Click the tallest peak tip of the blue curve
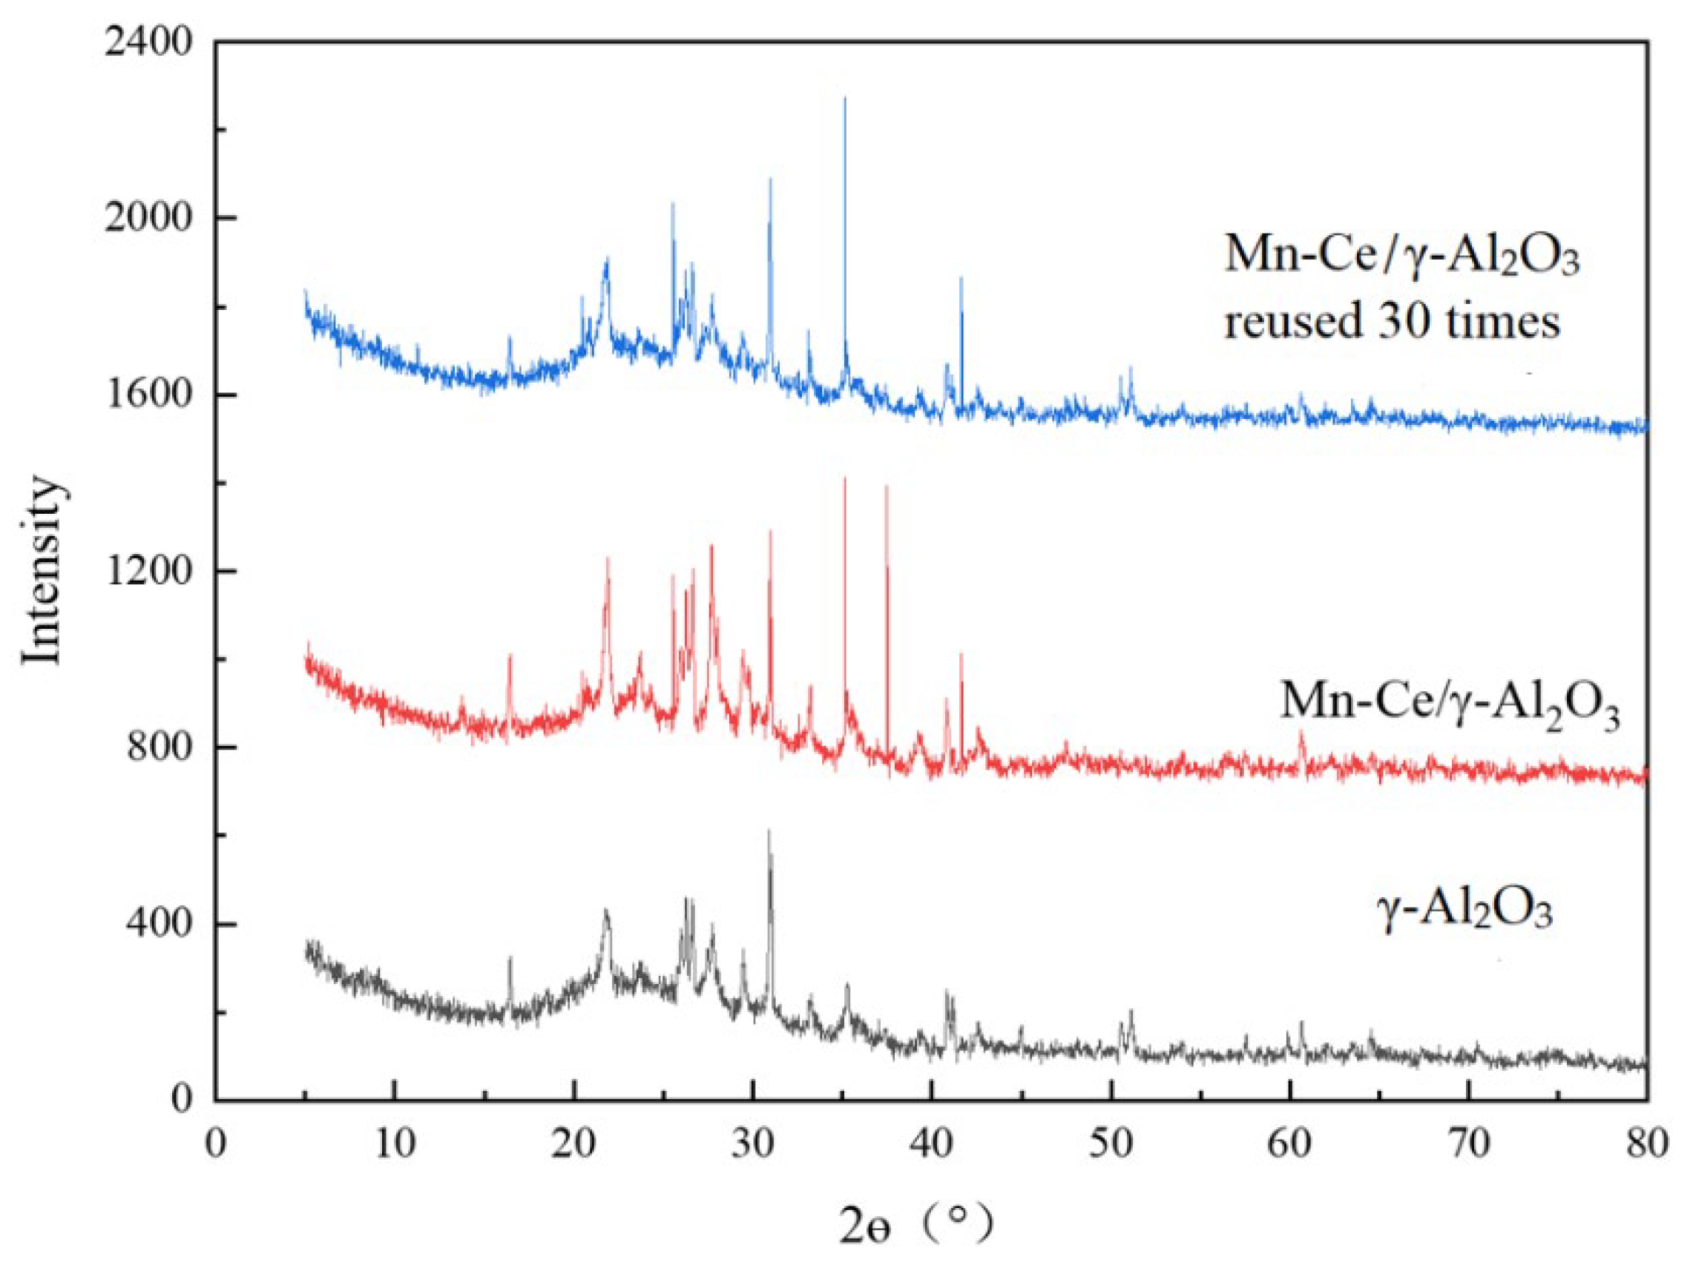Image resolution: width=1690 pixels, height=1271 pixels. click(844, 99)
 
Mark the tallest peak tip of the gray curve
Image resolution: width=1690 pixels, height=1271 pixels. click(769, 831)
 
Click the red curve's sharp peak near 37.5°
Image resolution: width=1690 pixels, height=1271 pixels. click(887, 486)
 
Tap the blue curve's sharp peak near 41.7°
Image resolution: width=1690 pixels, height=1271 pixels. click(961, 279)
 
